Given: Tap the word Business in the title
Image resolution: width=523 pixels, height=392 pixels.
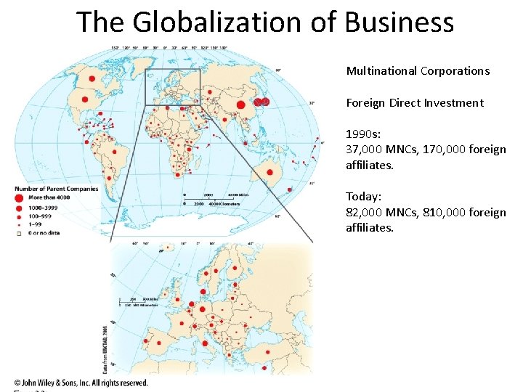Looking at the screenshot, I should pyautogui.click(x=400, y=22).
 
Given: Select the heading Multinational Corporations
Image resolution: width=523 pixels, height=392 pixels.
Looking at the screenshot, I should pyautogui.click(x=418, y=71).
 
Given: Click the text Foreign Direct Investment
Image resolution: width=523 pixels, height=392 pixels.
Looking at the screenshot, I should pyautogui.click(x=414, y=103).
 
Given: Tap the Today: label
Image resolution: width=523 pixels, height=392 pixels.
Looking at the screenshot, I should pyautogui.click(x=363, y=197).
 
